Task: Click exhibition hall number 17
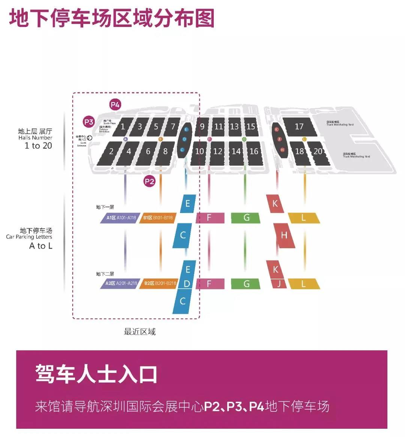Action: point(299,127)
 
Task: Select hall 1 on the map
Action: point(123,127)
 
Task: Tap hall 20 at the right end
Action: point(318,151)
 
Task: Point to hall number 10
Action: point(199,151)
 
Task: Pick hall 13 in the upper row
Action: point(234,127)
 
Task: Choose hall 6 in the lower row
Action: point(148,151)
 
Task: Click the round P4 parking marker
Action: point(115,105)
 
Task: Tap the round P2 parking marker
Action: point(149,182)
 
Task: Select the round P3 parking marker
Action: point(88,122)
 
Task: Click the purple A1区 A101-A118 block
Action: point(120,218)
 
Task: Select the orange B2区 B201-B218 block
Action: point(159,283)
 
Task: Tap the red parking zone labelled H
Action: point(284,235)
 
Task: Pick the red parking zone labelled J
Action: point(279,284)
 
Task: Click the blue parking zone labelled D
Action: point(187,284)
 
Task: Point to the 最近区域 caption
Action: point(140,332)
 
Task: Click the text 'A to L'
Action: point(41,246)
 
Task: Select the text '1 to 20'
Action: point(38,146)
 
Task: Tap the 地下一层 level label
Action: point(105,207)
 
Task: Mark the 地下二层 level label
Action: point(105,274)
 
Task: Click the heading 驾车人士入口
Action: point(96,374)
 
